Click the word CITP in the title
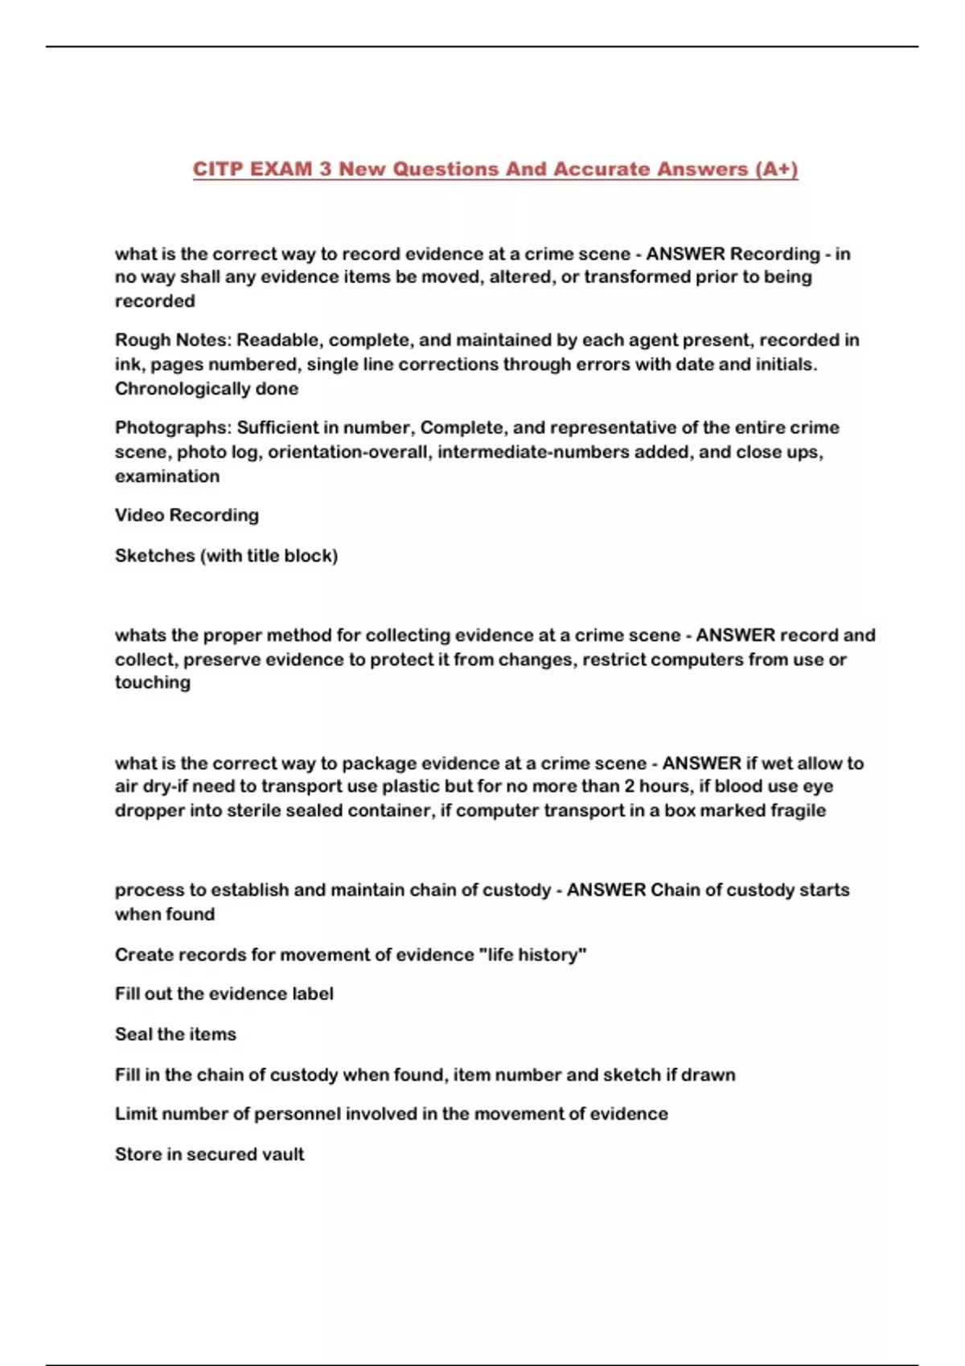tap(218, 170)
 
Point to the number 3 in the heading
tap(325, 170)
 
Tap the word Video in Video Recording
tap(139, 515)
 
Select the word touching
tap(153, 682)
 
